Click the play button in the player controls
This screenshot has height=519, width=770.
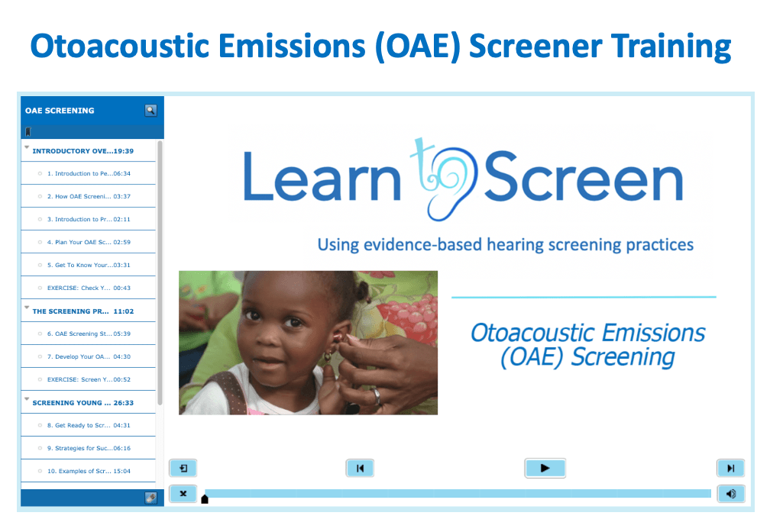(x=545, y=468)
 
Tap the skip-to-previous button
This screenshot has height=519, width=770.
(x=360, y=468)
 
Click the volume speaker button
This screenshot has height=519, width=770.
(x=731, y=494)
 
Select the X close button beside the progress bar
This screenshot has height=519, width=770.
(x=183, y=494)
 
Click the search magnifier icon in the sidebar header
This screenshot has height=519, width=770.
(x=150, y=111)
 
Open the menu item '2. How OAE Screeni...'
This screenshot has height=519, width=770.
(x=89, y=196)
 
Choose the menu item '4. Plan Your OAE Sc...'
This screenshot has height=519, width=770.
(x=89, y=242)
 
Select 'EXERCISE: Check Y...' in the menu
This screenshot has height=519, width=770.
(x=89, y=288)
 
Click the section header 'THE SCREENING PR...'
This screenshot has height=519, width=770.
(x=83, y=311)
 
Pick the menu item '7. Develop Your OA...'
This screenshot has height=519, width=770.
(x=89, y=356)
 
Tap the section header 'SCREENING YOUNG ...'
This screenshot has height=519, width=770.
(x=83, y=403)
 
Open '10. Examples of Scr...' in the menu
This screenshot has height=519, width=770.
(x=89, y=471)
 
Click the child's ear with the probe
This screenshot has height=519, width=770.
(x=341, y=338)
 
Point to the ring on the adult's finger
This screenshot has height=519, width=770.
(x=377, y=395)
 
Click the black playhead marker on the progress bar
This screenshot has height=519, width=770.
(x=205, y=499)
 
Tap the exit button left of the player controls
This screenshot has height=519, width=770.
(x=183, y=468)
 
